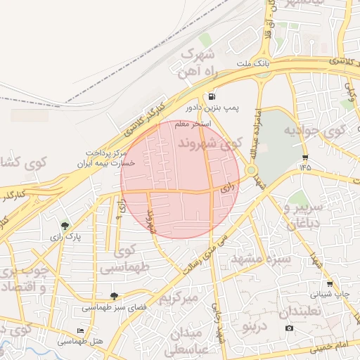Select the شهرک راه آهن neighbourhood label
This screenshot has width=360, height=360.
pos(200,63)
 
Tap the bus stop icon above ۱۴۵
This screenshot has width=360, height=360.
pos(304,157)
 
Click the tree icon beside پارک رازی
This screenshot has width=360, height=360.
pos(65,226)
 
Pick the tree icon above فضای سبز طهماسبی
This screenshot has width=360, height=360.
pos(114,296)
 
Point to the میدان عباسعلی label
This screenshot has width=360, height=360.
pos(186,340)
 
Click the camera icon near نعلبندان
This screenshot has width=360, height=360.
pos(289,328)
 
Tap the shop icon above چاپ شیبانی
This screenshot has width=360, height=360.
pos(330,284)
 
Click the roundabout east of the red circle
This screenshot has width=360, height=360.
pos(251,169)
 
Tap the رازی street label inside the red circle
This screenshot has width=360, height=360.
pos(226,188)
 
